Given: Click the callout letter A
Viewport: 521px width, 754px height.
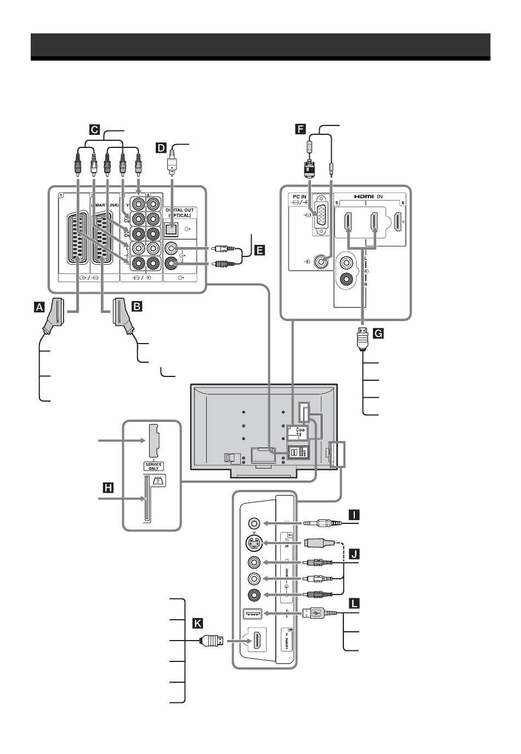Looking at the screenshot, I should coord(38,307).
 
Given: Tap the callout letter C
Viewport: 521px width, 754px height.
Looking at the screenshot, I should coord(94,130).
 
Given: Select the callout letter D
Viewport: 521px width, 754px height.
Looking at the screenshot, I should coord(161,147).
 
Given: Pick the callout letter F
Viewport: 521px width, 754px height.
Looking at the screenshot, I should coord(299,129).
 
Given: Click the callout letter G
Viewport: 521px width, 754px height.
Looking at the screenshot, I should coord(377,332).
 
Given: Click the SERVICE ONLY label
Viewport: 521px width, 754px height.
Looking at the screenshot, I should coord(154,466).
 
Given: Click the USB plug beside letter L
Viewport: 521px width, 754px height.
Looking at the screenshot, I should coord(319,613).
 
